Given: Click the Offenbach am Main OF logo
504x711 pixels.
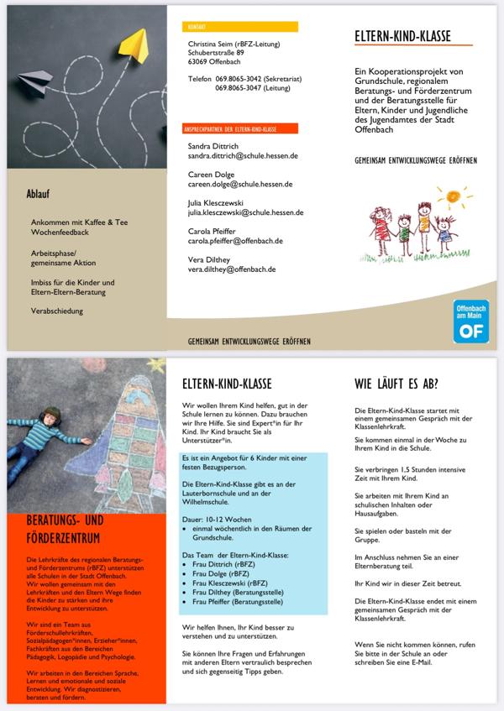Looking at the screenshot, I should [x=470, y=321].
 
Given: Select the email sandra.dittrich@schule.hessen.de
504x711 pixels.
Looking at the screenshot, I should [x=243, y=156].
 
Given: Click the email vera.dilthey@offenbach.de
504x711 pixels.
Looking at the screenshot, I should [x=232, y=269].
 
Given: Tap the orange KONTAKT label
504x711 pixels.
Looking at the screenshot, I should [x=239, y=27].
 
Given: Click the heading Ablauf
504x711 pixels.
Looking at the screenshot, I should [x=39, y=195].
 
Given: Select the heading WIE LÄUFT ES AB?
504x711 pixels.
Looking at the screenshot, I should [x=396, y=385].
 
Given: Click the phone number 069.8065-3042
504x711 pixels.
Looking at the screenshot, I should [x=241, y=79].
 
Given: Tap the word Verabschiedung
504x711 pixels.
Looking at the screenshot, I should [x=56, y=311].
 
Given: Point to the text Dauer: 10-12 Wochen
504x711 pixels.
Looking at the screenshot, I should [x=218, y=518].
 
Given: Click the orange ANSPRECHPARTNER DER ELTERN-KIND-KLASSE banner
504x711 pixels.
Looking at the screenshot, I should [x=240, y=129].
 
